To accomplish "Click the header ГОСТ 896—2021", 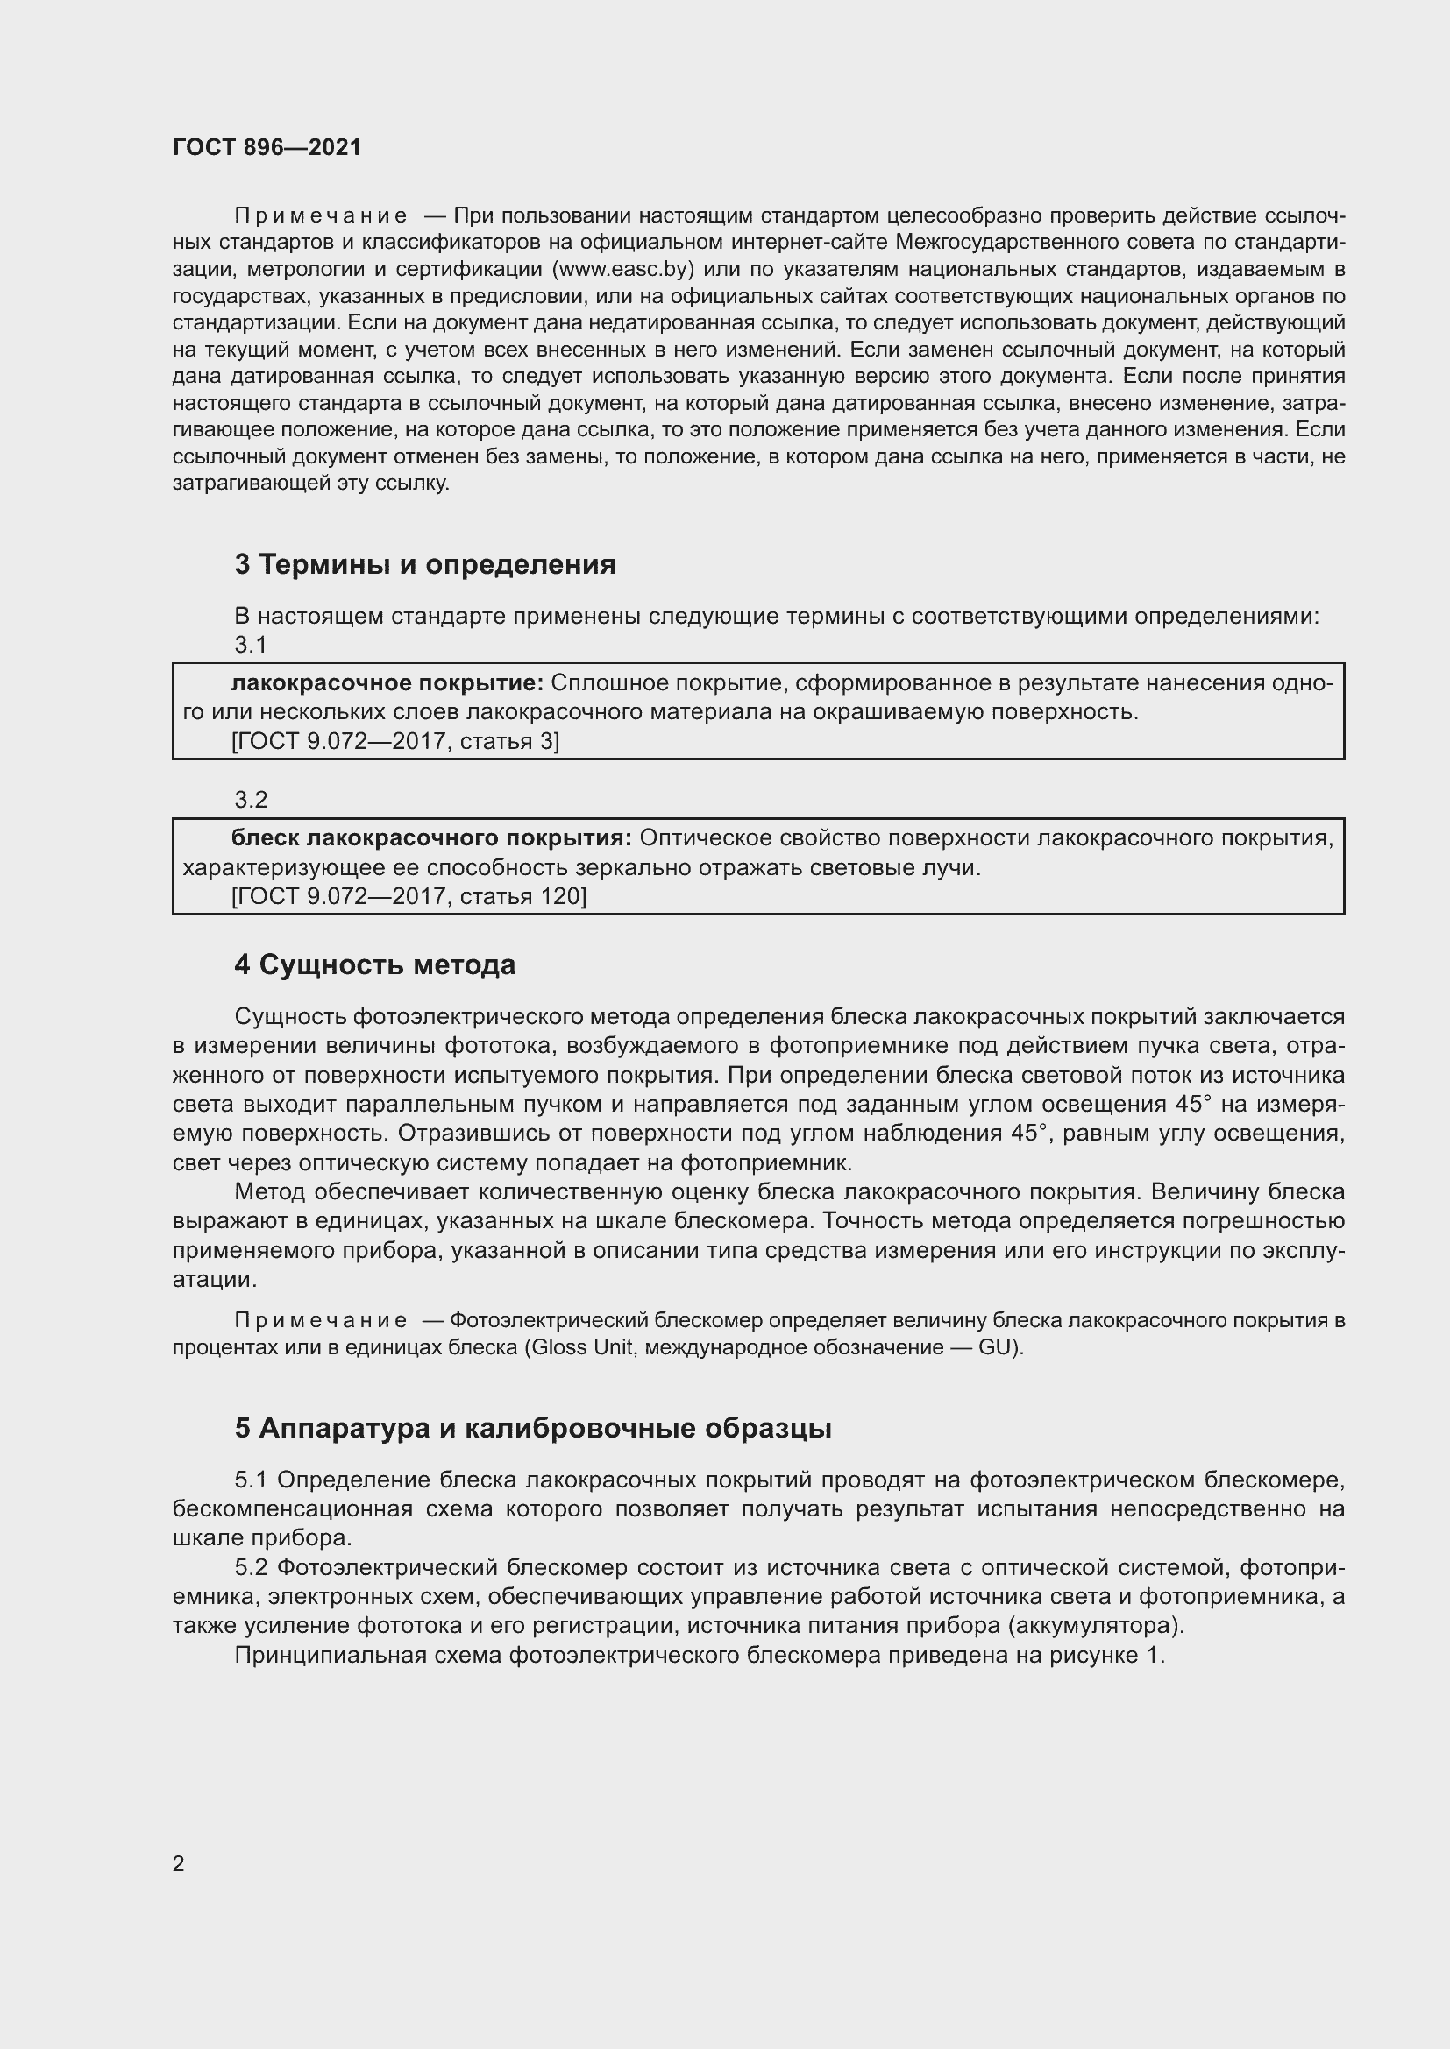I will click(x=267, y=147).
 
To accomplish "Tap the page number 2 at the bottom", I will click(x=179, y=1864).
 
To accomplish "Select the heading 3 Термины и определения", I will click(x=425, y=565).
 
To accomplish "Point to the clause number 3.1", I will click(x=251, y=645).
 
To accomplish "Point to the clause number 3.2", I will click(x=251, y=800).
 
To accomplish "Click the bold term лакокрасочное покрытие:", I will click(x=387, y=683).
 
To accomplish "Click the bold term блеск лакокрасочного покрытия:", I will click(x=431, y=839).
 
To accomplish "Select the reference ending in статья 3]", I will click(x=394, y=742).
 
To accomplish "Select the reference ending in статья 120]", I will click(x=409, y=897).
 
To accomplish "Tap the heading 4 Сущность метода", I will click(x=375, y=965).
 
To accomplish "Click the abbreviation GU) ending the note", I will click(x=1001, y=1347).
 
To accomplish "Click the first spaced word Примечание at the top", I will click(x=321, y=216).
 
